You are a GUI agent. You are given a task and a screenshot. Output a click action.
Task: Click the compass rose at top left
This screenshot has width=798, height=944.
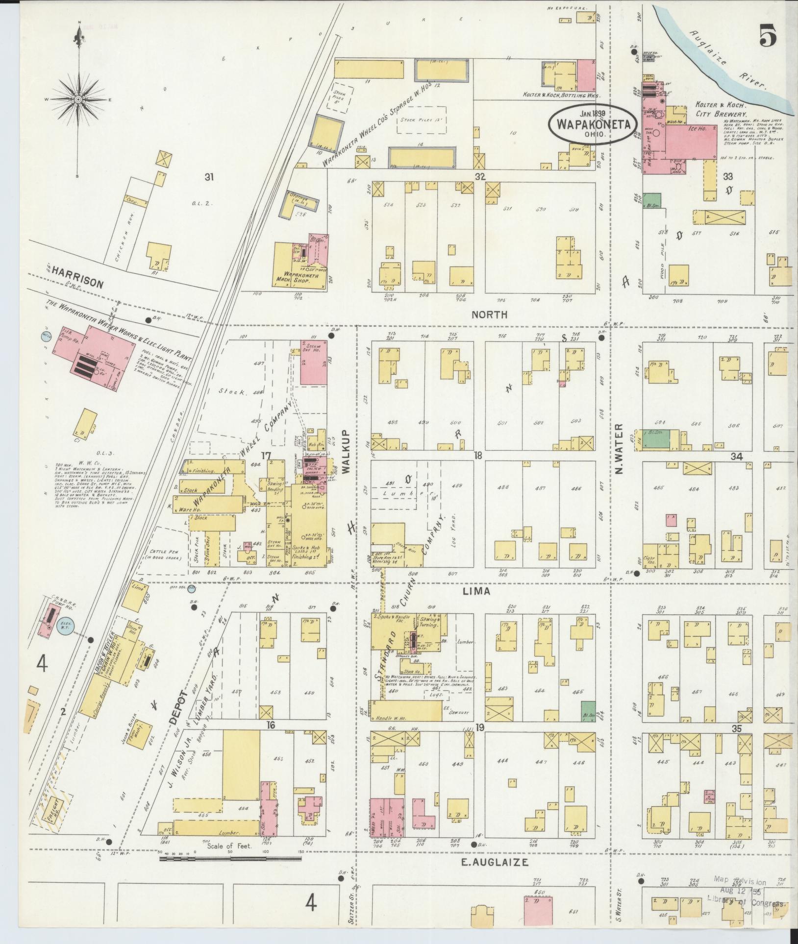click(x=78, y=99)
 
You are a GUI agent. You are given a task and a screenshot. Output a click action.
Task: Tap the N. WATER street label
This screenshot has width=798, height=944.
click(x=619, y=449)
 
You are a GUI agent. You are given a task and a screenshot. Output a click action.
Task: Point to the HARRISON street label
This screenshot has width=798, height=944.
click(x=77, y=284)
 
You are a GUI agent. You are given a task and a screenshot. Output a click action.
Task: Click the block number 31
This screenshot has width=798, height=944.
click(x=209, y=177)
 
